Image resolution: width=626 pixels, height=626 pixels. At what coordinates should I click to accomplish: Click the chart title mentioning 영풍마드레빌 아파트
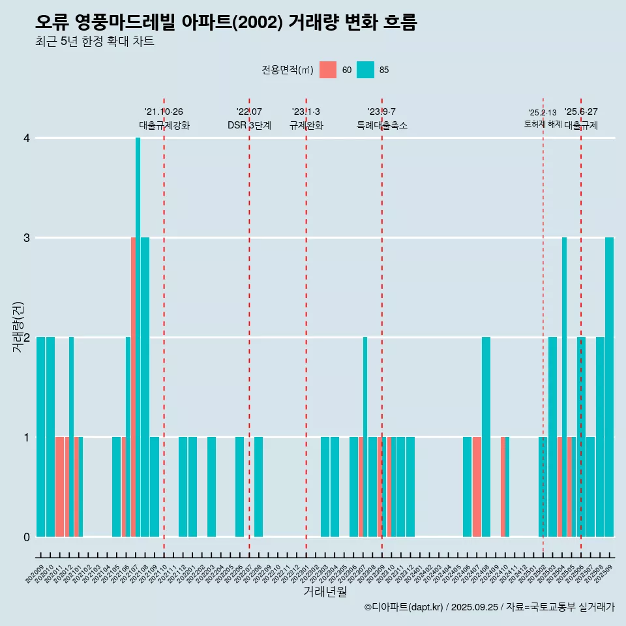coord(226,23)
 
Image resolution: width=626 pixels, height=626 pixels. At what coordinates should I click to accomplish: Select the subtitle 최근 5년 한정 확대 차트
coord(95,42)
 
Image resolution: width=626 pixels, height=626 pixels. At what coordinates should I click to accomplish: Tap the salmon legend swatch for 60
coord(328,70)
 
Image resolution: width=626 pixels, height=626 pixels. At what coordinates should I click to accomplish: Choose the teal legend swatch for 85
coord(365,70)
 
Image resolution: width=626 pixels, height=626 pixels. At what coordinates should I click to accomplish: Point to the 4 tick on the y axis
coord(27,138)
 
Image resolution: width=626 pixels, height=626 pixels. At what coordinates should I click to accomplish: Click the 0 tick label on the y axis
coord(27,537)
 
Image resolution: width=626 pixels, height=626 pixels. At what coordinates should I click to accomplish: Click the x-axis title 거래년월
coord(325,591)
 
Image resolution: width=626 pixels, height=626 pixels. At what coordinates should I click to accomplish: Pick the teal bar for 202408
coord(486,437)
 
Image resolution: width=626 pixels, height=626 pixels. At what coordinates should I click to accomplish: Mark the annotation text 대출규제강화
coord(164,125)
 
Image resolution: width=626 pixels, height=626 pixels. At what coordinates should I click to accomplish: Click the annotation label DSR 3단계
coord(249,125)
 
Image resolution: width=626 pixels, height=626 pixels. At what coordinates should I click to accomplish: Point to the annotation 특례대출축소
coord(382,125)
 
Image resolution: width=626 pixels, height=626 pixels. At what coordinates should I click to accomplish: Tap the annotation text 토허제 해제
coord(543,123)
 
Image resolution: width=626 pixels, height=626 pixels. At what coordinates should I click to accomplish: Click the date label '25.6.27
coord(581,112)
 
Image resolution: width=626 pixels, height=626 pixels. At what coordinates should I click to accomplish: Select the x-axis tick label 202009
coord(35,574)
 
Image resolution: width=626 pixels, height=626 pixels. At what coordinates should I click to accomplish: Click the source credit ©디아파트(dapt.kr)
coord(404,607)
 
